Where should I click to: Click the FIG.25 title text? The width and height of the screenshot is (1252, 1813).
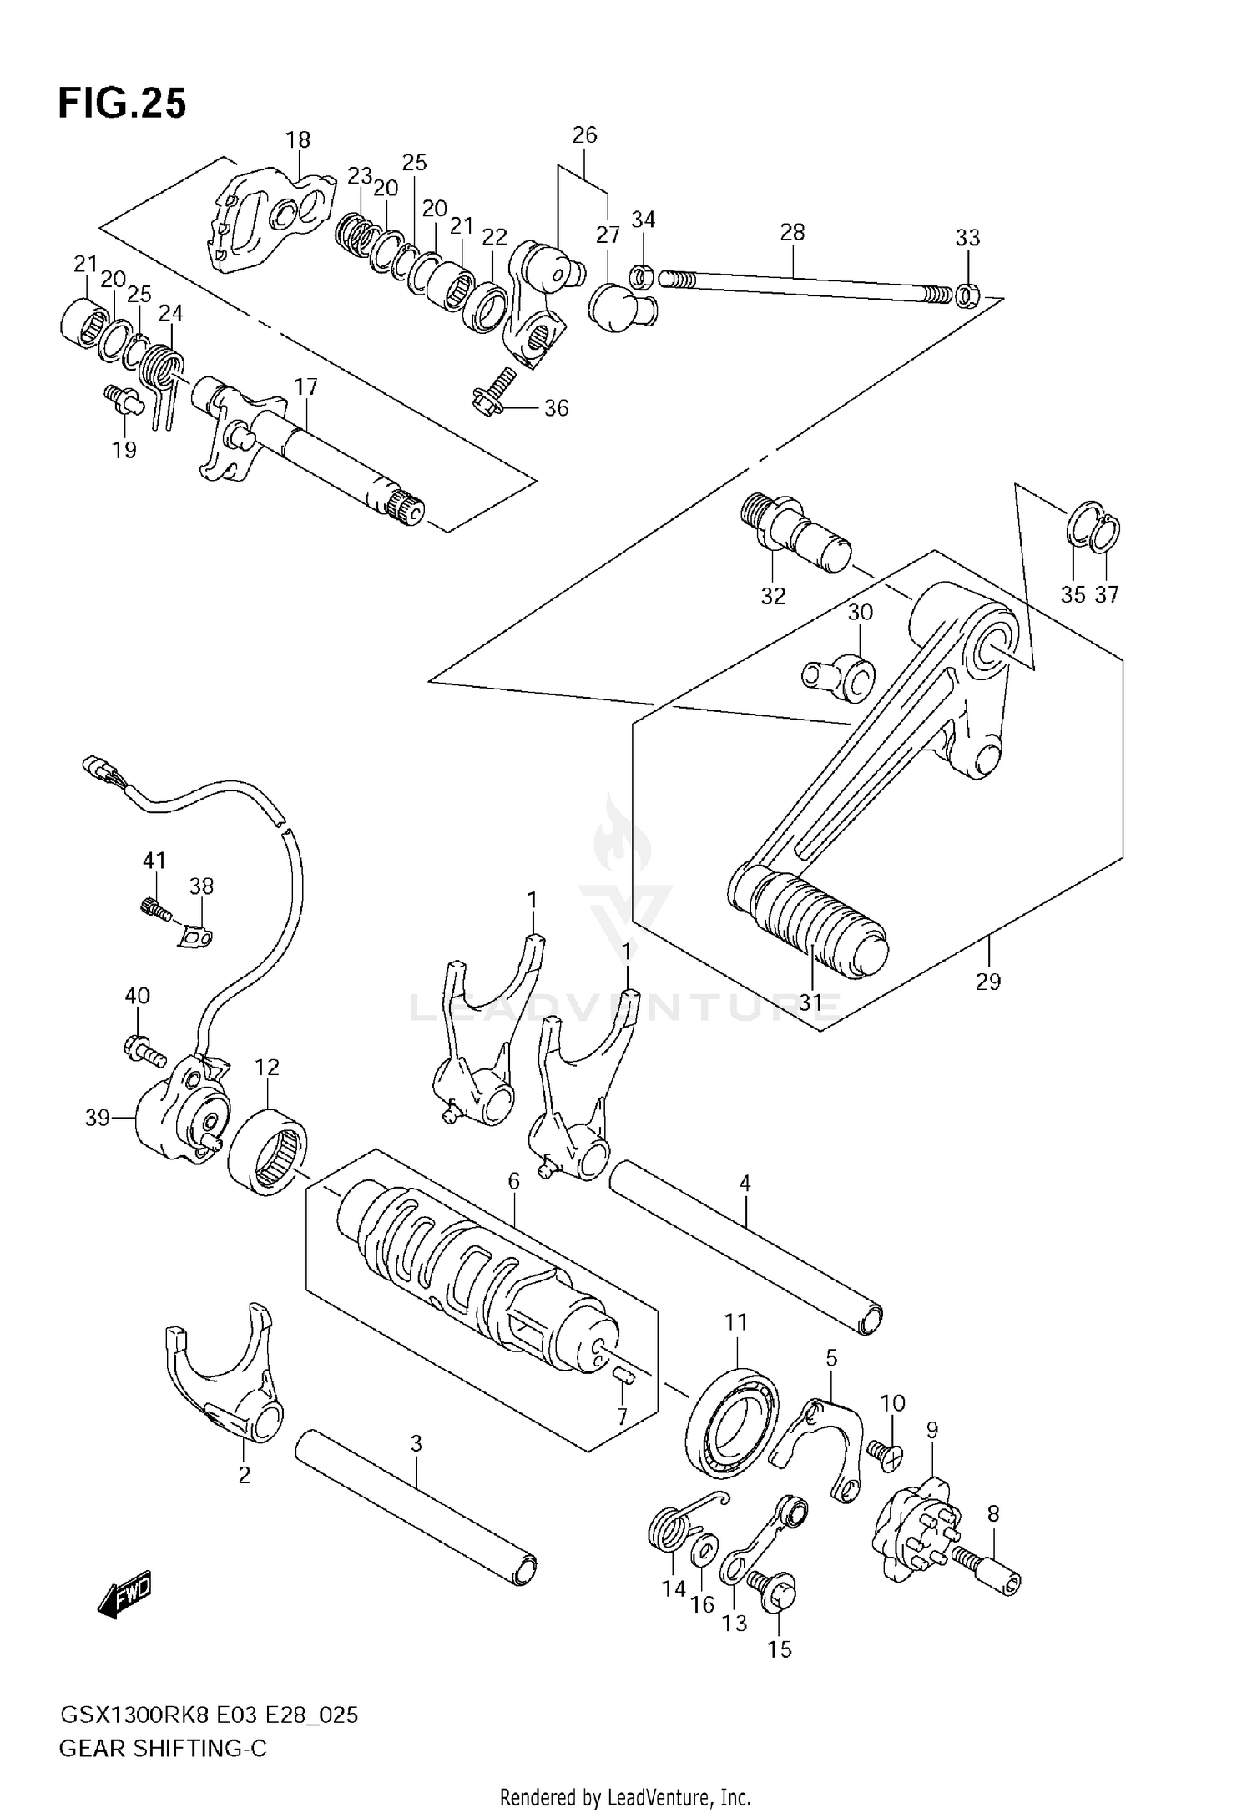pos(122,104)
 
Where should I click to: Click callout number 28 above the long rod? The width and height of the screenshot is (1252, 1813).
pos(792,232)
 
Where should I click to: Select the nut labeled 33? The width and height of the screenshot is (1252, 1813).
pos(967,295)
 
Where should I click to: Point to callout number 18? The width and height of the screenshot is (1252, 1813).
pos(298,139)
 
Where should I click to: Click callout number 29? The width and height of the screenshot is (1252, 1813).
pos(987,982)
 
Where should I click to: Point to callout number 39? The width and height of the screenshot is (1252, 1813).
pos(97,1118)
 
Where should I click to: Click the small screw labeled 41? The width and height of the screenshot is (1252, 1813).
pos(154,907)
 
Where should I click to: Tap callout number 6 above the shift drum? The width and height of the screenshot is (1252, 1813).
pos(513,1181)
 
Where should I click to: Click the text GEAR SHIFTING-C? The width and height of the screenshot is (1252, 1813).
pos(163,1749)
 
